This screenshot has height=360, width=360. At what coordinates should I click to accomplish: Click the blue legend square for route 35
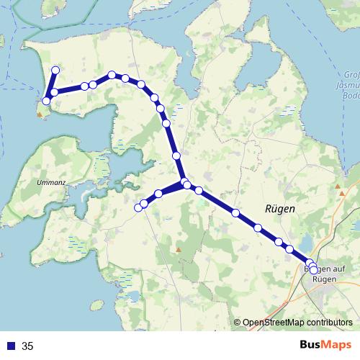pyautogui.click(x=10, y=346)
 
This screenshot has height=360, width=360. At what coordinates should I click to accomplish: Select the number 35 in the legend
pyautogui.click(x=28, y=346)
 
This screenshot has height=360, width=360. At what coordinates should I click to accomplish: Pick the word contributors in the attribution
pyautogui.click(x=330, y=323)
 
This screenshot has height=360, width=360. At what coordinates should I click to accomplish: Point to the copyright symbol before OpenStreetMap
pyautogui.click(x=237, y=323)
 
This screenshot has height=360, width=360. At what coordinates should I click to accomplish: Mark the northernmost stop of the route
pyautogui.click(x=55, y=70)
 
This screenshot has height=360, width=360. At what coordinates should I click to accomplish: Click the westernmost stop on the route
pyautogui.click(x=46, y=102)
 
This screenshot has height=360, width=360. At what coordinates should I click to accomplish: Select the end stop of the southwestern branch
pyautogui.click(x=138, y=208)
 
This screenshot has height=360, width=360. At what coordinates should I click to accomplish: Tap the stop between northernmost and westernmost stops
pyautogui.click(x=54, y=92)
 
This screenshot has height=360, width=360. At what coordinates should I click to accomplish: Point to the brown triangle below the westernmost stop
pyautogui.click(x=39, y=113)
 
